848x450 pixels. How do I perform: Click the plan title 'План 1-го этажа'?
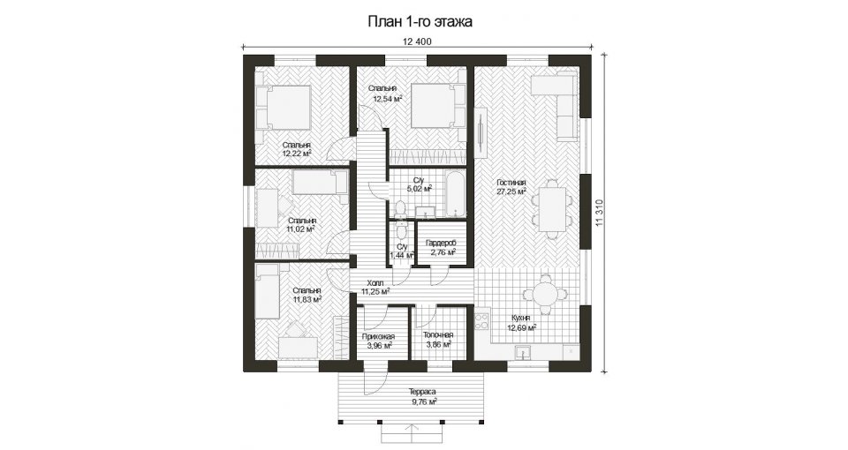click(420, 21)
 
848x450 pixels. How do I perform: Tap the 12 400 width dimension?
click(417, 41)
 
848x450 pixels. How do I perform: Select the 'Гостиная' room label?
click(511, 184)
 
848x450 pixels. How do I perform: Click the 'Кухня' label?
click(520, 319)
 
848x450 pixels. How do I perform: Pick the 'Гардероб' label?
click(441, 244)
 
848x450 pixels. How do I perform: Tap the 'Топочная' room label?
click(439, 335)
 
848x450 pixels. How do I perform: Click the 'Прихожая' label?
click(378, 336)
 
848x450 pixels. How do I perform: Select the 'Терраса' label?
click(422, 392)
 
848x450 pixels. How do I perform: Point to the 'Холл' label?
click(375, 283)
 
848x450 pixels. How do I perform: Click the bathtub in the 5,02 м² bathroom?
click(454, 193)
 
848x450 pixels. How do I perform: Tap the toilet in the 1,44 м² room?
click(401, 230)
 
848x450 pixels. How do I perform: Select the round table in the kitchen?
click(545, 294)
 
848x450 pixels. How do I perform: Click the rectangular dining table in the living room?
click(552, 207)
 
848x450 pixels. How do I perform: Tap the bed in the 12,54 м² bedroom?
click(438, 106)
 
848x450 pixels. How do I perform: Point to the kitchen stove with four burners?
click(482, 321)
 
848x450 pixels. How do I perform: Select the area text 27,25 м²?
click(511, 191)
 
